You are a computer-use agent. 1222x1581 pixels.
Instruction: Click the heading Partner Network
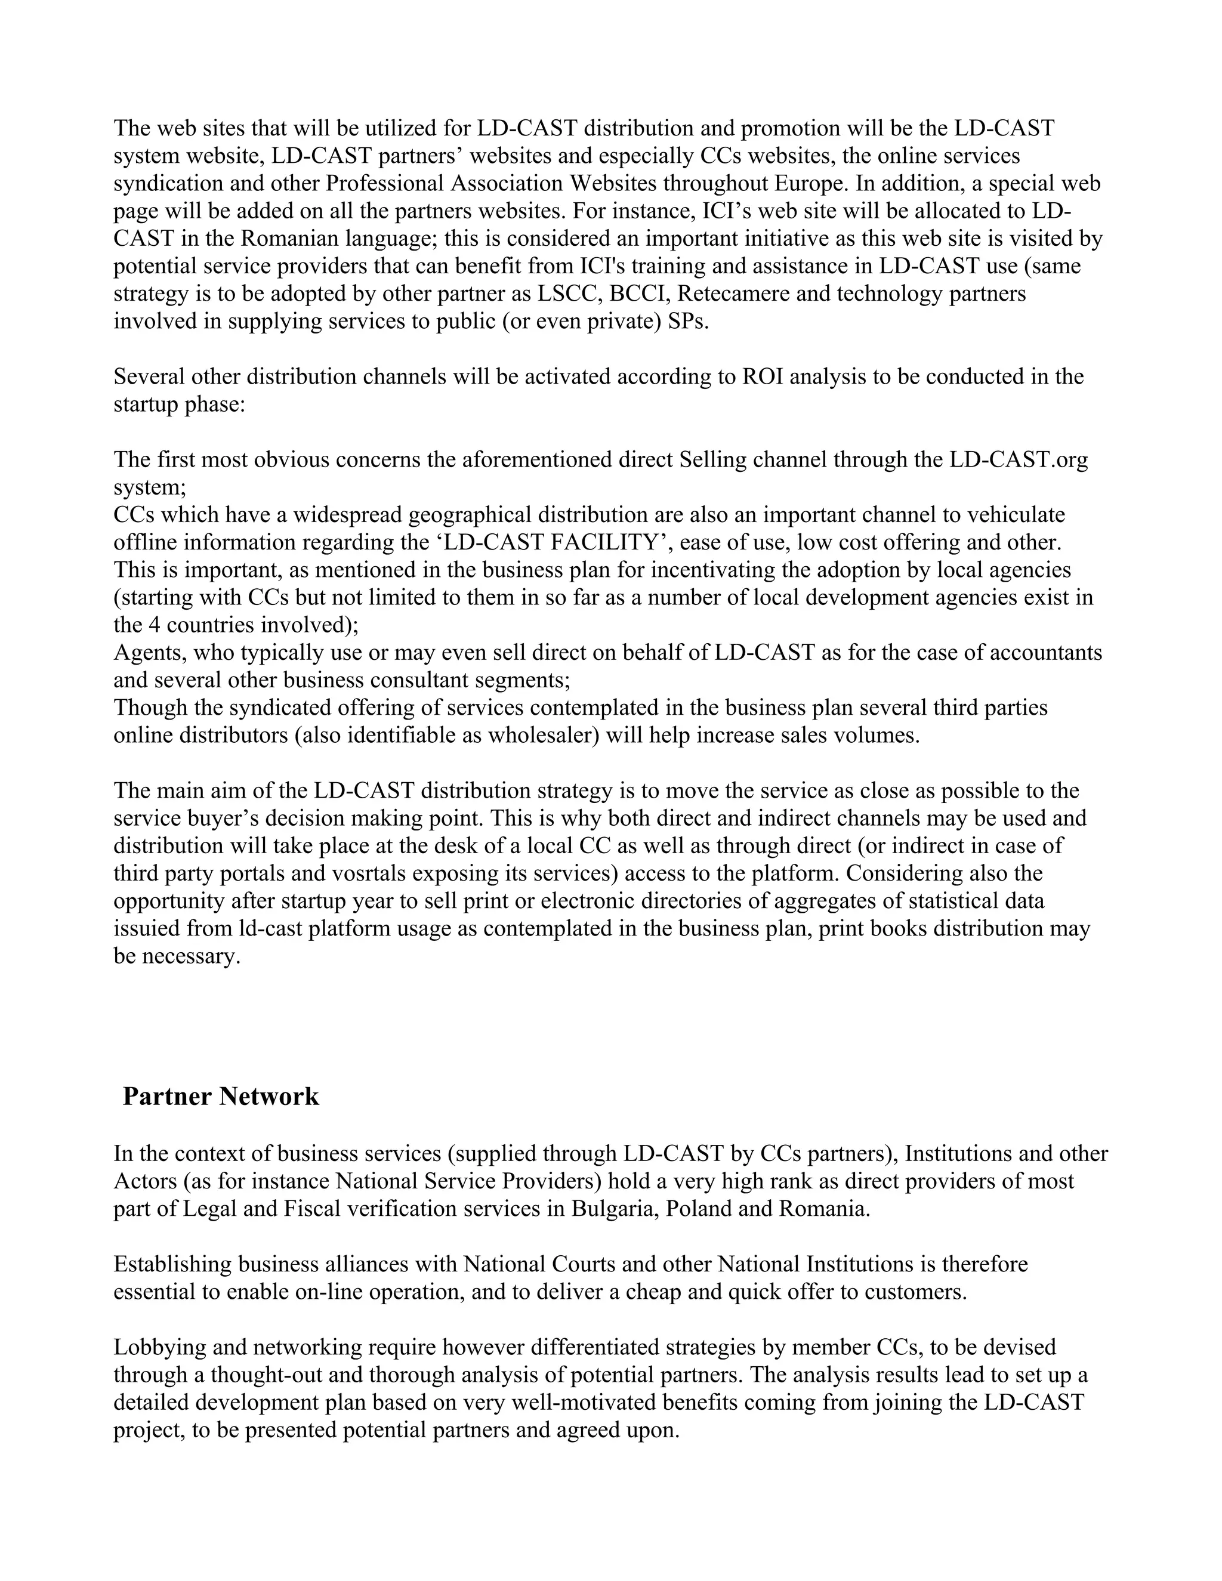click(x=221, y=1096)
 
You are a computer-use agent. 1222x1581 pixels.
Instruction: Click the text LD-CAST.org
click(x=1019, y=459)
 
